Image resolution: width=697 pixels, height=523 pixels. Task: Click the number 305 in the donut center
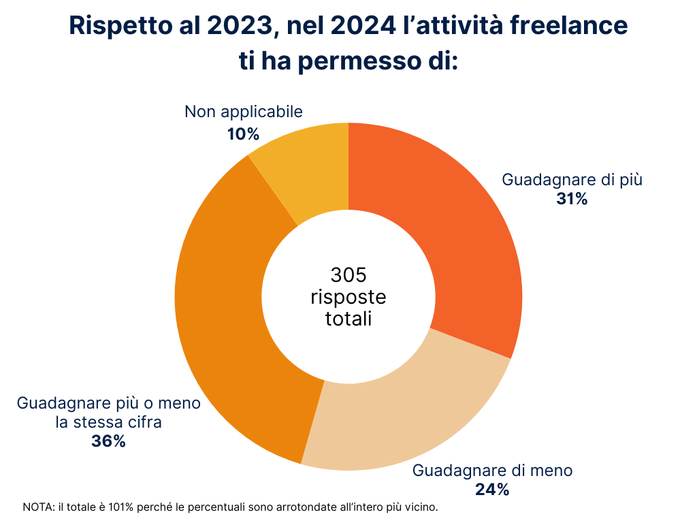(x=348, y=275)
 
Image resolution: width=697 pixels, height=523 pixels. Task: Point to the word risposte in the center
(x=348, y=297)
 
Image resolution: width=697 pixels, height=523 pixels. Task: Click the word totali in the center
(x=348, y=319)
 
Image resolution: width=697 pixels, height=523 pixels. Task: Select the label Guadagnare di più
(x=572, y=180)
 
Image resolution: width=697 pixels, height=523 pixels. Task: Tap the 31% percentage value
(x=572, y=200)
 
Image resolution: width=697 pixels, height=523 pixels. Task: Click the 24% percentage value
(x=493, y=489)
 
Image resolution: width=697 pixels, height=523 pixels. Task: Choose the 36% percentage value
(x=108, y=441)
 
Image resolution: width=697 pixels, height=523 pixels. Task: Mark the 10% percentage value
(x=243, y=134)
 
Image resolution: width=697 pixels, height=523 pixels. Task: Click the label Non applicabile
(x=243, y=112)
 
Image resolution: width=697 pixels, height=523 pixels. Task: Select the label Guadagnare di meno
(x=493, y=470)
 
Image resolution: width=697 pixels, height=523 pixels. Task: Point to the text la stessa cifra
(x=108, y=422)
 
